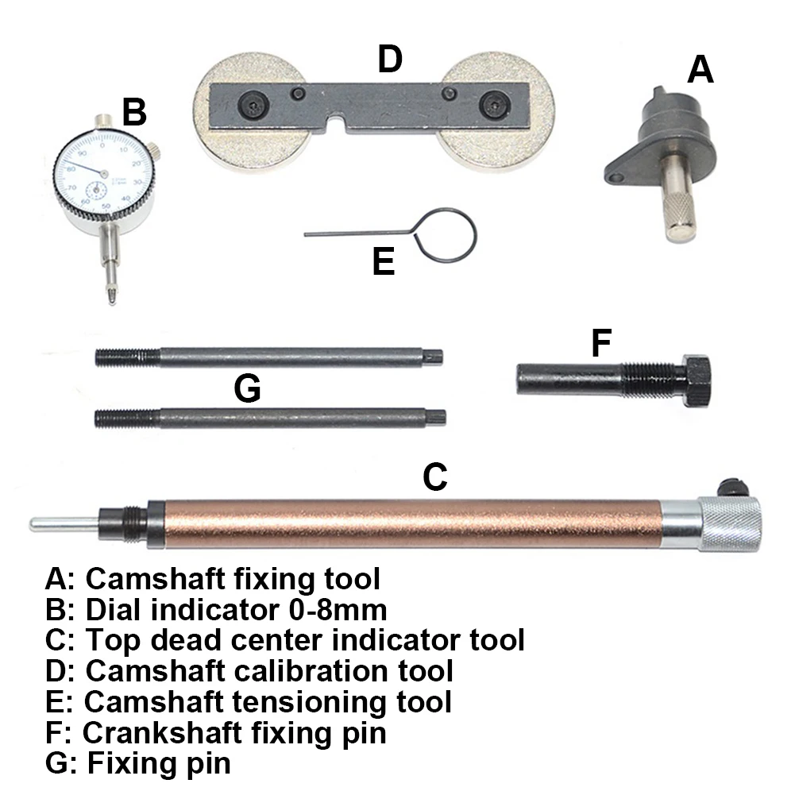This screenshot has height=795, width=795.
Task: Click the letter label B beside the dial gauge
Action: [134, 112]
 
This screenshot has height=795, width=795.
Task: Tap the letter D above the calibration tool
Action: [390, 60]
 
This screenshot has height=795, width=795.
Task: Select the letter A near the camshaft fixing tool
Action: [700, 71]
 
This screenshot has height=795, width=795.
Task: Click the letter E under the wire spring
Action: [384, 262]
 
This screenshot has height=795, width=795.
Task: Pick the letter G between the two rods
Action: [248, 389]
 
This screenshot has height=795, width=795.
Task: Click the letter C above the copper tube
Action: [435, 477]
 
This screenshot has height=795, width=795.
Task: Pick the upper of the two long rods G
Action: [268, 357]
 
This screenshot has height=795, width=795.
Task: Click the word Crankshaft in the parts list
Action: [165, 731]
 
